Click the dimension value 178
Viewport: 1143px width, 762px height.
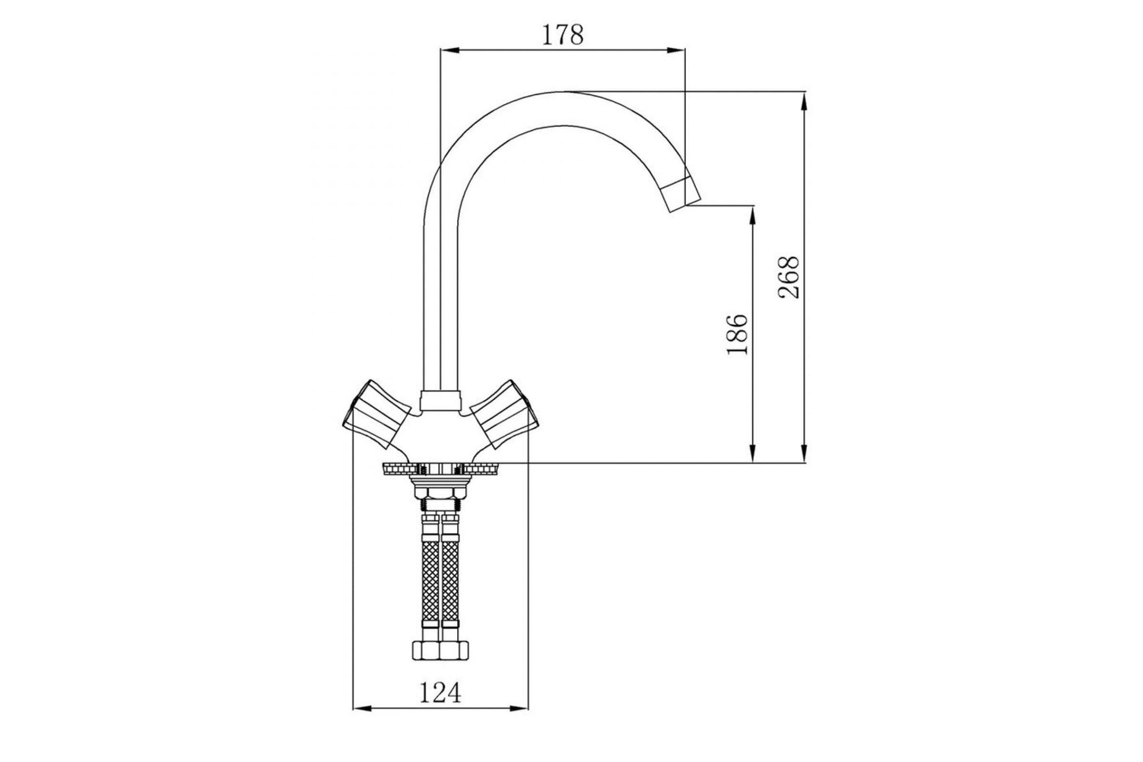point(562,35)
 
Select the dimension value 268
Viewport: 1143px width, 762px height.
point(789,277)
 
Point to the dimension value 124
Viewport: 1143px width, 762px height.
point(440,692)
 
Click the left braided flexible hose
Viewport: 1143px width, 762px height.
point(431,581)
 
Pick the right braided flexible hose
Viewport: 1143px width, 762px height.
point(450,581)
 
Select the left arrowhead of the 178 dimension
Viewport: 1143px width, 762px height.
point(449,50)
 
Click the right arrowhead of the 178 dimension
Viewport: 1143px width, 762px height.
point(676,50)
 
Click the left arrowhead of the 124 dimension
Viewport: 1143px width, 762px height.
point(361,722)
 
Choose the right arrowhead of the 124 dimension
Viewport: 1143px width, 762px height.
point(519,722)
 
